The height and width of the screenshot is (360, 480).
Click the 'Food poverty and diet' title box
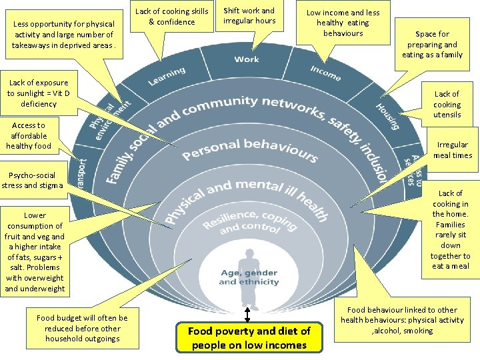[249, 337]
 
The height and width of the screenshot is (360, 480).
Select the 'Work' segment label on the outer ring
[247, 59]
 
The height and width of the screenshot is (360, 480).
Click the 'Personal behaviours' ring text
[250, 149]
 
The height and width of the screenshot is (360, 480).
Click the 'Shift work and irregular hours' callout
[249, 16]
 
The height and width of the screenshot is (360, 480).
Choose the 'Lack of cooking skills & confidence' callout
[172, 17]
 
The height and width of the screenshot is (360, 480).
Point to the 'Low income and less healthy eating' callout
[343, 22]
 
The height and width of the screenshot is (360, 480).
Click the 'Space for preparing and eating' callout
[432, 44]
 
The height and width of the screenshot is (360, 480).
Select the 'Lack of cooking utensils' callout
[447, 104]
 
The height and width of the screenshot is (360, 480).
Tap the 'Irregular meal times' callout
[452, 150]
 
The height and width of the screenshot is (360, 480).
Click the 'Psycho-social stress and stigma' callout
[32, 181]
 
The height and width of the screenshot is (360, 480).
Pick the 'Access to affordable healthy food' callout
[28, 135]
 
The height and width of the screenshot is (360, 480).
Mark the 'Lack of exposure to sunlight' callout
[38, 93]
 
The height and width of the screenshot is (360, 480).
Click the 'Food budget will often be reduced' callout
[82, 328]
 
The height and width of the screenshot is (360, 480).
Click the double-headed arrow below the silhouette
[247, 313]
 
